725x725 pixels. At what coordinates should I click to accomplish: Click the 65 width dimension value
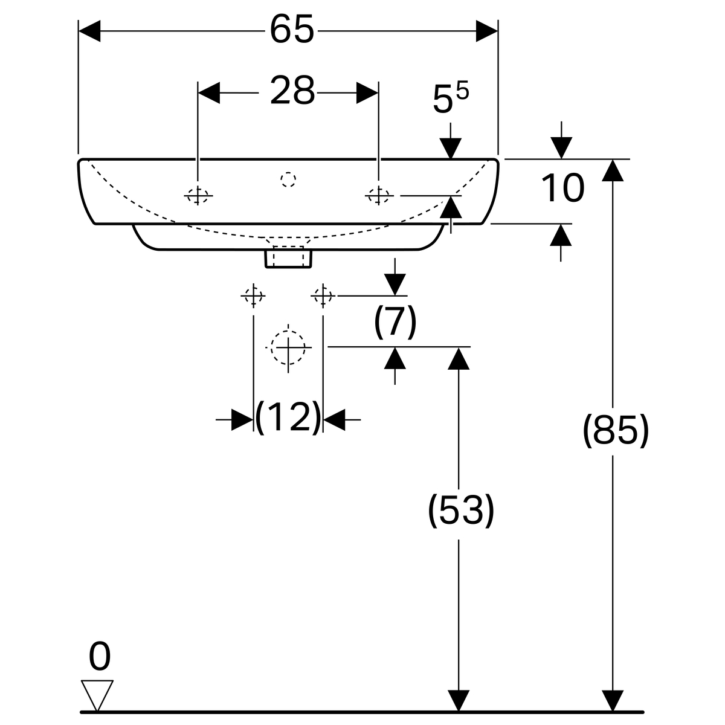[x=292, y=30]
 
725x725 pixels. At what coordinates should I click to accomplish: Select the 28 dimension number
[x=292, y=92]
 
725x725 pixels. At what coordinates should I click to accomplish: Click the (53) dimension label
[x=460, y=511]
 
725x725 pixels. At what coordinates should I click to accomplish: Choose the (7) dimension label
[x=395, y=321]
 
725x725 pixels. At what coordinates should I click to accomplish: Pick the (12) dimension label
[x=288, y=417]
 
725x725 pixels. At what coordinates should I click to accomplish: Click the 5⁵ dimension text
[x=451, y=98]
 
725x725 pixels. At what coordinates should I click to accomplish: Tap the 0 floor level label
[x=100, y=657]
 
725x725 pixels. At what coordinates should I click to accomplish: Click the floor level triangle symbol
[x=97, y=695]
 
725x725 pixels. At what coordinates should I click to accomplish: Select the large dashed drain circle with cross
[x=289, y=347]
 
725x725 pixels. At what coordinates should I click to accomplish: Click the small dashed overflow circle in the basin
[x=289, y=179]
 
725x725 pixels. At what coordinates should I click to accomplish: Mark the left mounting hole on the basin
[x=198, y=195]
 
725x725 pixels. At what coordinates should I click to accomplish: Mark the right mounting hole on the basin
[x=378, y=195]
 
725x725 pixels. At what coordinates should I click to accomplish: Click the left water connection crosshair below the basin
[x=253, y=296]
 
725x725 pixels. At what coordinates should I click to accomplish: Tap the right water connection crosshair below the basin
[x=323, y=296]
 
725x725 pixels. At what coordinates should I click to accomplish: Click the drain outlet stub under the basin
[x=289, y=257]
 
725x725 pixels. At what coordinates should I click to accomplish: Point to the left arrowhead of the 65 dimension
[x=89, y=30]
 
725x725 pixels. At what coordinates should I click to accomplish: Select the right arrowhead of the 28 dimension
[x=367, y=92]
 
